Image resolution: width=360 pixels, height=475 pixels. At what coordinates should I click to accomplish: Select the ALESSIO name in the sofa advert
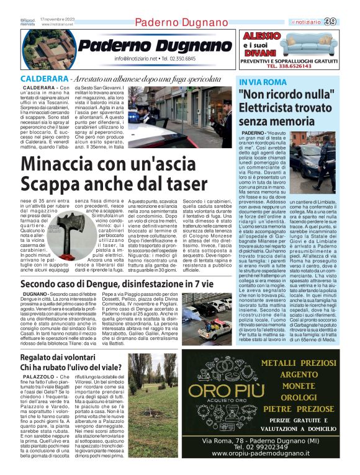tap(261, 36)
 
